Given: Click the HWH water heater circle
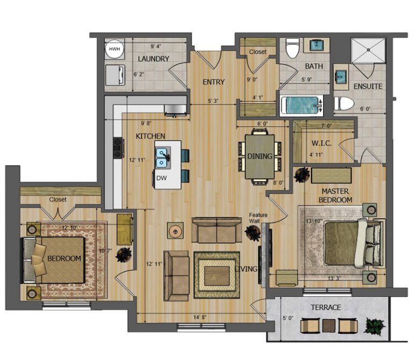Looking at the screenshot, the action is click(115, 49).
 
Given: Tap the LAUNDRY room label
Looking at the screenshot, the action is click(154, 59).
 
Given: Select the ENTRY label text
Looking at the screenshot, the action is click(213, 82).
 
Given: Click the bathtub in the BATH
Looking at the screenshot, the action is click(302, 105).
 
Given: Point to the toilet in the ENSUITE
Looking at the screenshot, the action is click(344, 103).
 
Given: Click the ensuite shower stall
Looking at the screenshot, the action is click(368, 51).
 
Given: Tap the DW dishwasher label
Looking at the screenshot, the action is click(161, 178).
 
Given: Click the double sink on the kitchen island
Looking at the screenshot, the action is click(161, 158).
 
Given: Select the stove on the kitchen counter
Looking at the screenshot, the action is click(118, 148).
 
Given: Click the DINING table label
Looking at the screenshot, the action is click(260, 156).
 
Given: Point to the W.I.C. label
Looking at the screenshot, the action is click(322, 143).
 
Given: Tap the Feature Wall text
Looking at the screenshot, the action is click(258, 218).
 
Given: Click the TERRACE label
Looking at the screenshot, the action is click(326, 307).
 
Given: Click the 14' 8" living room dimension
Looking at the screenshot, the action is click(200, 318).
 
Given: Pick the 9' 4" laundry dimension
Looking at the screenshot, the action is click(155, 47).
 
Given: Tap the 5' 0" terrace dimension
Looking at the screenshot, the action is click(288, 318).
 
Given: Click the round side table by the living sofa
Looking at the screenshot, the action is click(175, 232).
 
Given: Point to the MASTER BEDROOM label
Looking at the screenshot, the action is click(336, 196).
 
